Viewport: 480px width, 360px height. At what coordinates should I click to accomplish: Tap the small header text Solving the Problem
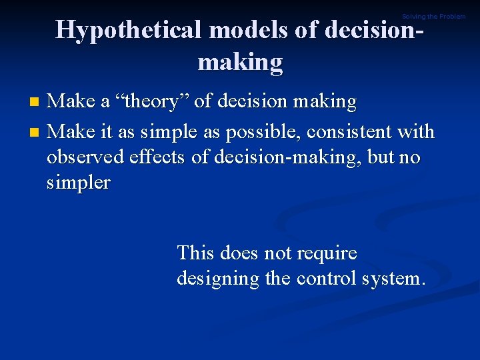[433, 16]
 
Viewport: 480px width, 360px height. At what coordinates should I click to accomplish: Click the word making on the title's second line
[240, 62]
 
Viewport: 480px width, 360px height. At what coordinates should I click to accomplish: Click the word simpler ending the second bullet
[79, 183]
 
